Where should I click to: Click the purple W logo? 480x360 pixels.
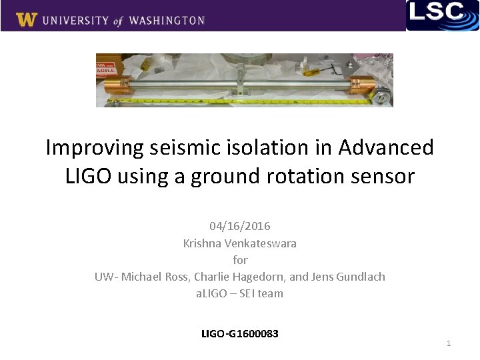click(x=26, y=19)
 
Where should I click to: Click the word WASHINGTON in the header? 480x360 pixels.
click(x=167, y=21)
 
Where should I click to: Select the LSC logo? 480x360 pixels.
click(x=443, y=15)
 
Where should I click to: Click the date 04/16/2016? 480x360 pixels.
click(x=239, y=227)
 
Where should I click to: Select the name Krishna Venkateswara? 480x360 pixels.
click(x=239, y=243)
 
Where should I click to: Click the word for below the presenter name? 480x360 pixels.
click(x=240, y=260)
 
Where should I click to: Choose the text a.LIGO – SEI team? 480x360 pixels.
click(x=239, y=293)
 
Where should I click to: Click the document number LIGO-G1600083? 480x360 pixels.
click(x=239, y=333)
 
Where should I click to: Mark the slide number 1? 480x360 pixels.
click(x=449, y=343)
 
